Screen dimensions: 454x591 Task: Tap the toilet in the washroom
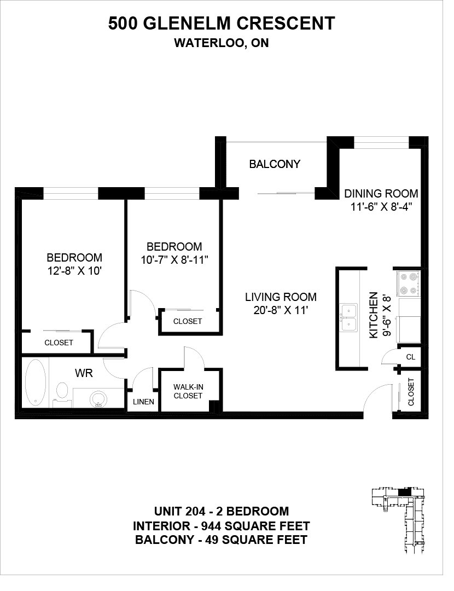point(61,393)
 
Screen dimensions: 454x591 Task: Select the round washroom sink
point(98,399)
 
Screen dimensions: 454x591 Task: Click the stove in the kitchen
point(409,284)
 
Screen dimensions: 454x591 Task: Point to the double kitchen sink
point(349,316)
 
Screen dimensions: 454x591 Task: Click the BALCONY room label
point(275,164)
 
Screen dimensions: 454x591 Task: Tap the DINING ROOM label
point(381,194)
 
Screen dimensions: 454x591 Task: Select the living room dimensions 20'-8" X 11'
point(281,310)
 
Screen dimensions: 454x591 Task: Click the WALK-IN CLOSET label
point(188,391)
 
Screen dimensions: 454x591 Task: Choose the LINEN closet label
point(143,402)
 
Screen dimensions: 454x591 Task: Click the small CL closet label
point(411,357)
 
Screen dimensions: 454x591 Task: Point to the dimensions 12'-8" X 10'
point(74,271)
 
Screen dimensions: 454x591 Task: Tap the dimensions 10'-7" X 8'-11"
point(174,260)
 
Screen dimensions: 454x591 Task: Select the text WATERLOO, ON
point(222,43)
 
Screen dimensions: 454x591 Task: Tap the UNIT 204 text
point(180,512)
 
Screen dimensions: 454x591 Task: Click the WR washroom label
point(84,373)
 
